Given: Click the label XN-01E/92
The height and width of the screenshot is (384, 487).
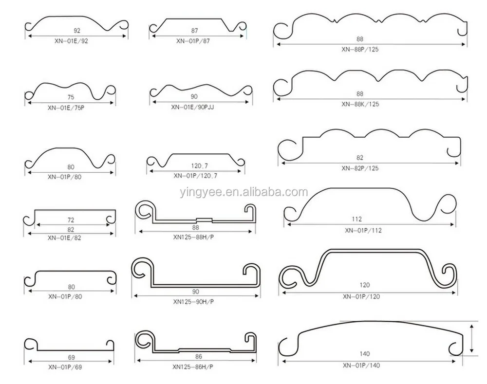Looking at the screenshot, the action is click(71, 41).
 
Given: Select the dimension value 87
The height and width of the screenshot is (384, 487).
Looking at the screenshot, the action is click(194, 31).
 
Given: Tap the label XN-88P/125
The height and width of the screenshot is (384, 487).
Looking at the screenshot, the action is click(360, 49).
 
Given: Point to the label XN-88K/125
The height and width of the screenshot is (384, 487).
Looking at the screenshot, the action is click(360, 104).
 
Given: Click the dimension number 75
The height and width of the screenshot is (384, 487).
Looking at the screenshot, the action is click(71, 97).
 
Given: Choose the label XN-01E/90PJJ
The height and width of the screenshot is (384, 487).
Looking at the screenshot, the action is click(192, 108).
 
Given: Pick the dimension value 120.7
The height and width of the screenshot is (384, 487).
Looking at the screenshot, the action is click(199, 166).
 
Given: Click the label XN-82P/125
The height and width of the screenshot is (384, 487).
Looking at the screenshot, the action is click(360, 168).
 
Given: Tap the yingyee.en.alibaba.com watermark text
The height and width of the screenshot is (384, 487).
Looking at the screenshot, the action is click(244, 192).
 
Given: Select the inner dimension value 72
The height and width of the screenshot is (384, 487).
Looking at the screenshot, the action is click(71, 220).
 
